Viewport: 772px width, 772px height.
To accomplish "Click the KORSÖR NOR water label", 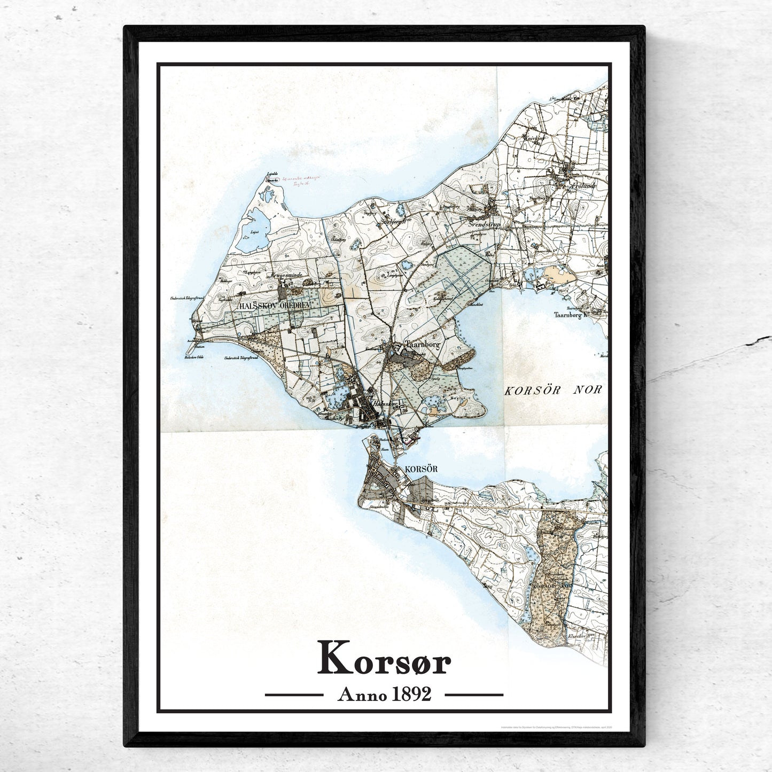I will coord(553,390).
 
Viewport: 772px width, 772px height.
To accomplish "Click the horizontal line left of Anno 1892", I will coord(294,695).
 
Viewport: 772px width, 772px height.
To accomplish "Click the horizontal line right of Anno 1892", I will coord(474,695).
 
